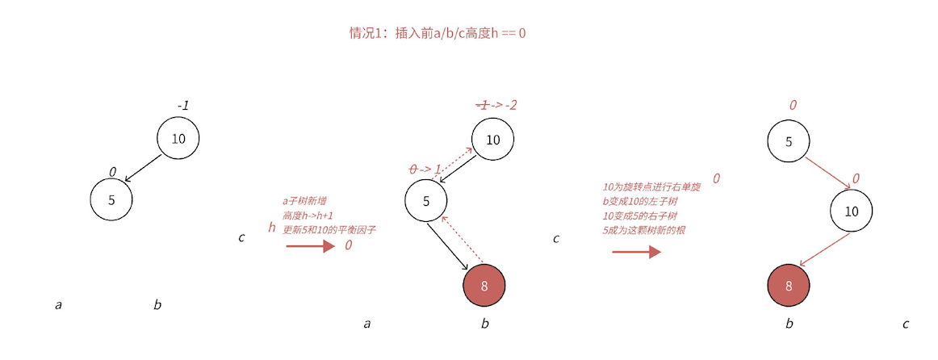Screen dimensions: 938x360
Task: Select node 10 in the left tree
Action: coord(178,138)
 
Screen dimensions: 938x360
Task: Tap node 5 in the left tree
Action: coord(111,199)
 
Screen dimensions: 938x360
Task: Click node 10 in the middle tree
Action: coord(492,139)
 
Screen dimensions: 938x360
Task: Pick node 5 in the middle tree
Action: coord(426,200)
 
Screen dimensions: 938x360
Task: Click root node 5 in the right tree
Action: coord(789,140)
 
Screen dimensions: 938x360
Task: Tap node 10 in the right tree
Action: coord(851,211)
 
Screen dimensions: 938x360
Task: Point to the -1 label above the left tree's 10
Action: coord(183,106)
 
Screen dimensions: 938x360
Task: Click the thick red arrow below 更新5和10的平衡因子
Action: coord(310,246)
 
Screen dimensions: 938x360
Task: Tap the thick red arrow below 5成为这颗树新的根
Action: coord(636,252)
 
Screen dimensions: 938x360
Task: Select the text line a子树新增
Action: coord(304,201)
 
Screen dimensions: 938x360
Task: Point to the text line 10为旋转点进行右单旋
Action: coord(651,186)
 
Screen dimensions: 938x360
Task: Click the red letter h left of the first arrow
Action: coord(272,228)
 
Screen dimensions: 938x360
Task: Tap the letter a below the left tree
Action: coord(58,305)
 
